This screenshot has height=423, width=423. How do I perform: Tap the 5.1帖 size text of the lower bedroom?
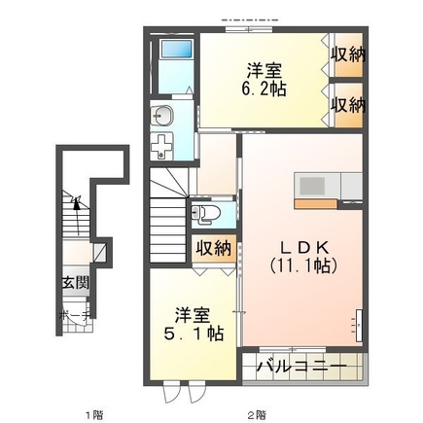click(x=198, y=333)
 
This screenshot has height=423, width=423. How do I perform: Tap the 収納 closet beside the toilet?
click(x=214, y=248)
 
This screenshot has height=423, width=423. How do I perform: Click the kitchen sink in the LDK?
click(x=314, y=185)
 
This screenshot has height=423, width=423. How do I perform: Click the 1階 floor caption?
click(x=92, y=414)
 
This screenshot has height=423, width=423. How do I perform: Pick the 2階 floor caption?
click(x=257, y=414)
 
